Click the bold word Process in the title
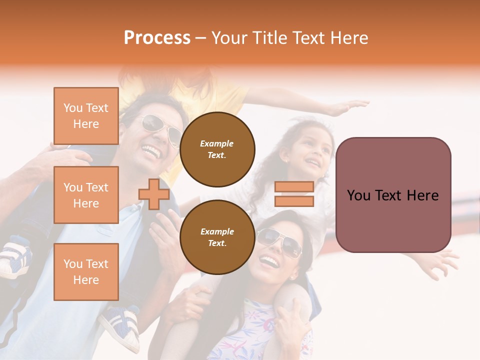tap(157, 38)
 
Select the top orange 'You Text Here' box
tap(86, 116)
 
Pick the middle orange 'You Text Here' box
tap(86, 195)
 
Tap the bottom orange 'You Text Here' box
tap(86, 271)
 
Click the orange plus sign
tap(154, 194)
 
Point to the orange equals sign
tap(294, 194)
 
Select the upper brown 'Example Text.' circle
tap(217, 149)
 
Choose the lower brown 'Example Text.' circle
tap(217, 237)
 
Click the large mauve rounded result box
tap(393, 195)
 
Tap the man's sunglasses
tap(160, 127)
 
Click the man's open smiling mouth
tap(151, 149)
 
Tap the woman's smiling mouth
tap(269, 260)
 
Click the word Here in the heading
tap(349, 38)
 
